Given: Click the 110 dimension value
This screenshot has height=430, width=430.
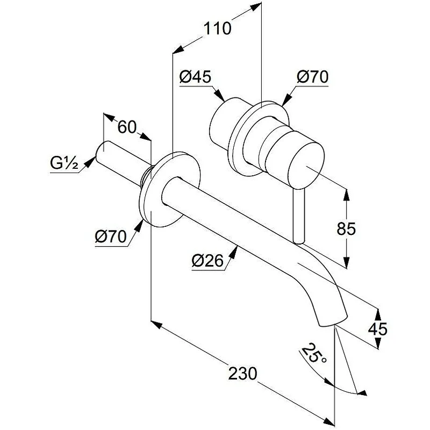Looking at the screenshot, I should [217, 28].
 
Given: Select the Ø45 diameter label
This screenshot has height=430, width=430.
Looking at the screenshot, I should [194, 77].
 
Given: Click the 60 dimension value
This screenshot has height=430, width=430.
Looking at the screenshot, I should [127, 127].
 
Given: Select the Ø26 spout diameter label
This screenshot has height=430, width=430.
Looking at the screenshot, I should [205, 261].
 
